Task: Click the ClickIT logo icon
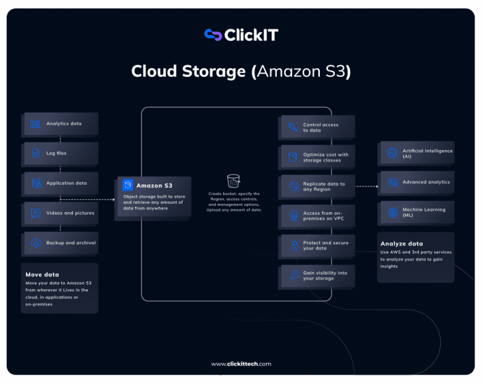click(213, 35)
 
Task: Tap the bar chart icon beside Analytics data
click(35, 124)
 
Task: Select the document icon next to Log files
click(36, 153)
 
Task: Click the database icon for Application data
click(36, 183)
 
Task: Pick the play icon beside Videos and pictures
click(36, 213)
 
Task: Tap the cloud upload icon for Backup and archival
click(36, 243)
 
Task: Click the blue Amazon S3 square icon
click(128, 185)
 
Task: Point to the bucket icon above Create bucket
click(233, 181)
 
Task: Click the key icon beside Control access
click(293, 127)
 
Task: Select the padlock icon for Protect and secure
click(295, 246)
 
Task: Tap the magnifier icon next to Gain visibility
click(294, 275)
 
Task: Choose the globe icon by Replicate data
click(294, 186)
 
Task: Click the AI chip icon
click(392, 152)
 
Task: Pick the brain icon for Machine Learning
click(393, 212)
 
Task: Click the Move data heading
click(42, 275)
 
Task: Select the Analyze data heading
click(401, 244)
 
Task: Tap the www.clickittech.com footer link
click(241, 364)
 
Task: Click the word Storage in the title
click(214, 71)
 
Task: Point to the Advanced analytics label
click(426, 182)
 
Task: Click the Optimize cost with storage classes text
click(326, 157)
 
